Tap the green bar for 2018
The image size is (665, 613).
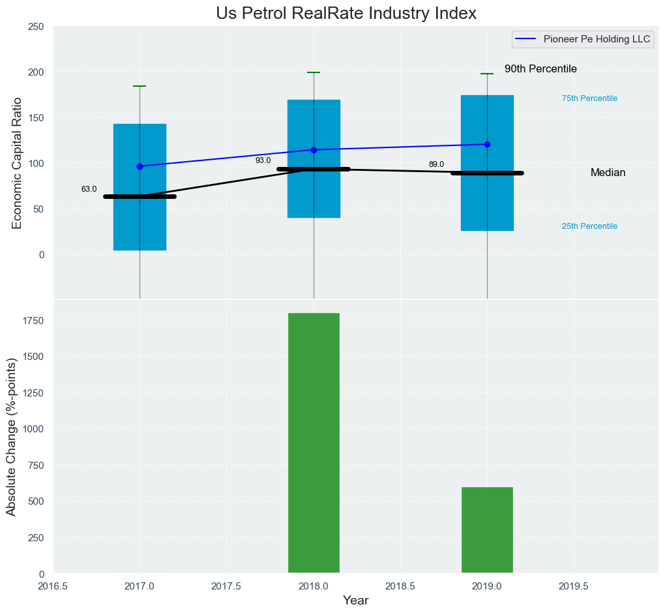[x=314, y=443]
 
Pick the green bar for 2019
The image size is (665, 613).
[x=487, y=530]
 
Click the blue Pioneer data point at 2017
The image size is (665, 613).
[x=140, y=166]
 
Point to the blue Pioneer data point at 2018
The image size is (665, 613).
[x=314, y=150]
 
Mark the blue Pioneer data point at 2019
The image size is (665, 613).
[x=487, y=144]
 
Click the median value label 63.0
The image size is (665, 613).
[x=89, y=189]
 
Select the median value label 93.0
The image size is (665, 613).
[x=263, y=160]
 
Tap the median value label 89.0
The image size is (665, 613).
[x=436, y=164]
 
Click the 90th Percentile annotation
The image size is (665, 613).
[x=540, y=69]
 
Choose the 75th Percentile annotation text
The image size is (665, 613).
[x=589, y=98]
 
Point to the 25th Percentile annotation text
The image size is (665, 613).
[x=589, y=226]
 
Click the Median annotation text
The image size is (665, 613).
[x=608, y=173]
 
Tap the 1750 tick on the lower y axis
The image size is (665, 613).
[x=34, y=321]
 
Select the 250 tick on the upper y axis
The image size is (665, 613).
[x=36, y=26]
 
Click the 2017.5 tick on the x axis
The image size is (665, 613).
[x=226, y=586]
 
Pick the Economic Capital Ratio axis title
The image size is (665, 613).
[x=17, y=163]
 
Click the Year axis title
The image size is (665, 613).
[x=355, y=601]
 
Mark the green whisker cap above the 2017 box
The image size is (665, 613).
[x=140, y=86]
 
